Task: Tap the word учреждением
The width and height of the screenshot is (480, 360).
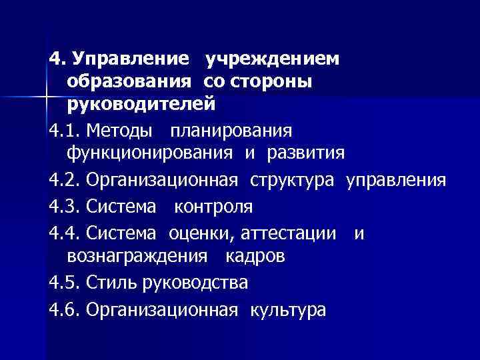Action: tap(273, 59)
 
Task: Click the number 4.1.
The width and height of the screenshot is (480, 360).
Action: tap(65, 129)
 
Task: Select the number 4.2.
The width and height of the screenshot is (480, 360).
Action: tap(65, 180)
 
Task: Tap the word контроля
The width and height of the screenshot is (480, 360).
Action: tap(213, 207)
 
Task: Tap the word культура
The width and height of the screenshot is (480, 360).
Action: tap(288, 309)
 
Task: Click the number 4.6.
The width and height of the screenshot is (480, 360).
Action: tap(65, 309)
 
